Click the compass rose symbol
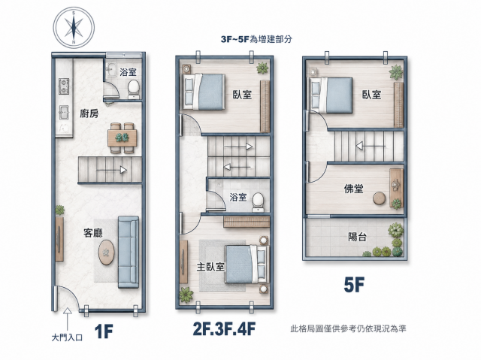74,27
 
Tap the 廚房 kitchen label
89,113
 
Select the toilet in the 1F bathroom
134,89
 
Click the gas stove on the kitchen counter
64,86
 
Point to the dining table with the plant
122,138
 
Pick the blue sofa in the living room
129,252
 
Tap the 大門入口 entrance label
67,338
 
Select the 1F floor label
104,331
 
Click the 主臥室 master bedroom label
210,267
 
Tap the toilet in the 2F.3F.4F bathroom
258,202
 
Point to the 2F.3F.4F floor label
224,328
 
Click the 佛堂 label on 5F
354,189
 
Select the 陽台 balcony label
358,237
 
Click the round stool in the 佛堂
380,198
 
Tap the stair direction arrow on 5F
371,146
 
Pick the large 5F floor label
354,285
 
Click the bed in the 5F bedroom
331,95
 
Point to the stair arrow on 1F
112,170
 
